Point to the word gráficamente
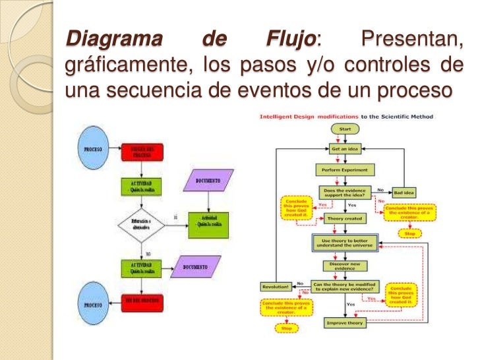pos(125,67)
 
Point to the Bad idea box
pos(405,193)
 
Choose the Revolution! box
pos(276,286)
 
